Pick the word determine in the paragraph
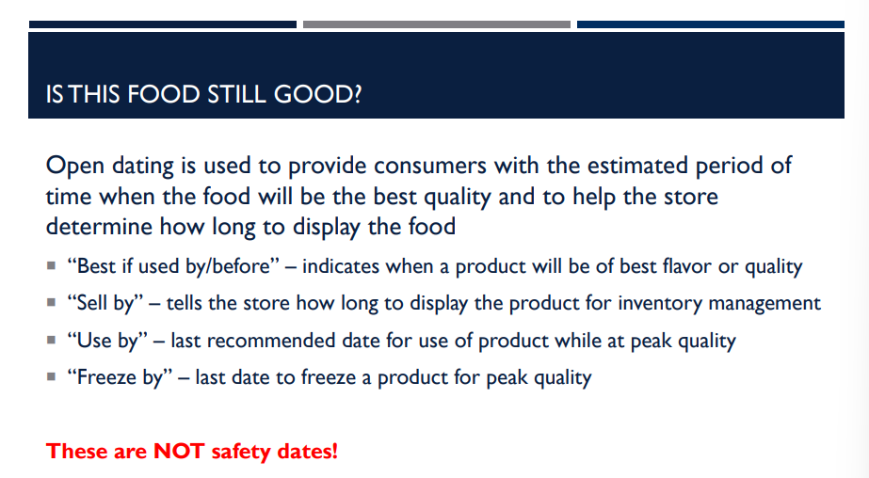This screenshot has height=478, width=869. pos(98,227)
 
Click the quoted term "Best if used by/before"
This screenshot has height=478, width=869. pos(174,266)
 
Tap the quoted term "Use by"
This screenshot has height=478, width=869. pos(103,341)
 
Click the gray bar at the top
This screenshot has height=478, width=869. pos(436,24)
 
